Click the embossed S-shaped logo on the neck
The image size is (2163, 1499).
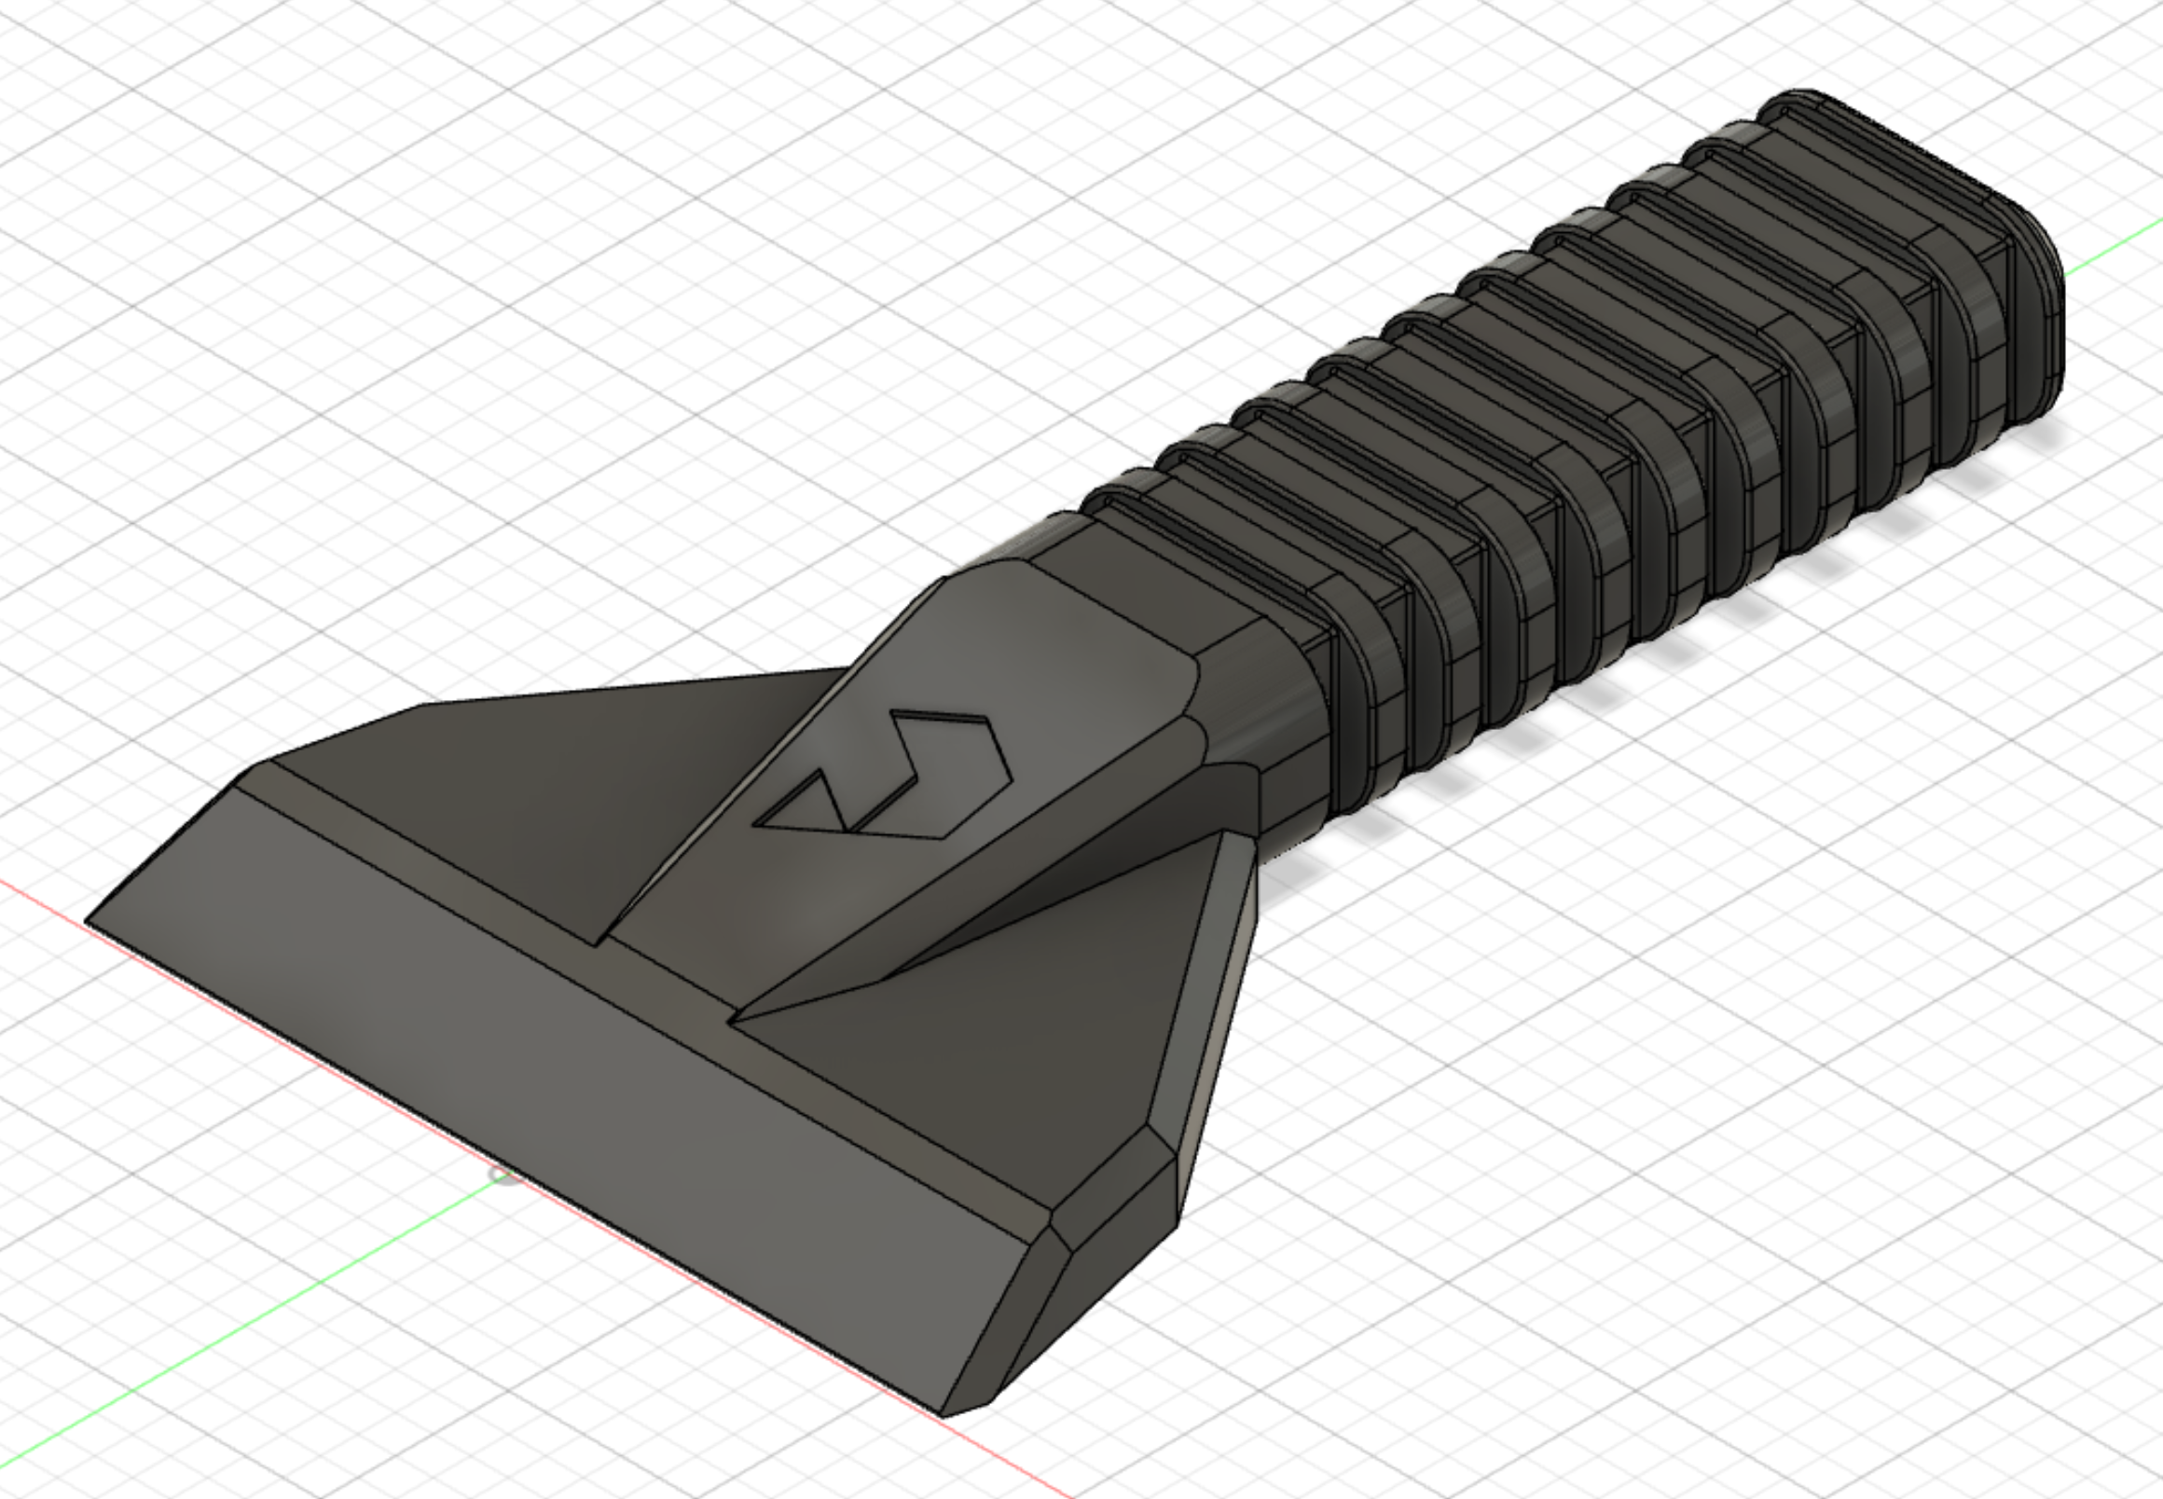[x=883, y=779]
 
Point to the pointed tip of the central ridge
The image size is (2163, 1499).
[x=737, y=1017]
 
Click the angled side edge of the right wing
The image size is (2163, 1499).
[x=1212, y=1014]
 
